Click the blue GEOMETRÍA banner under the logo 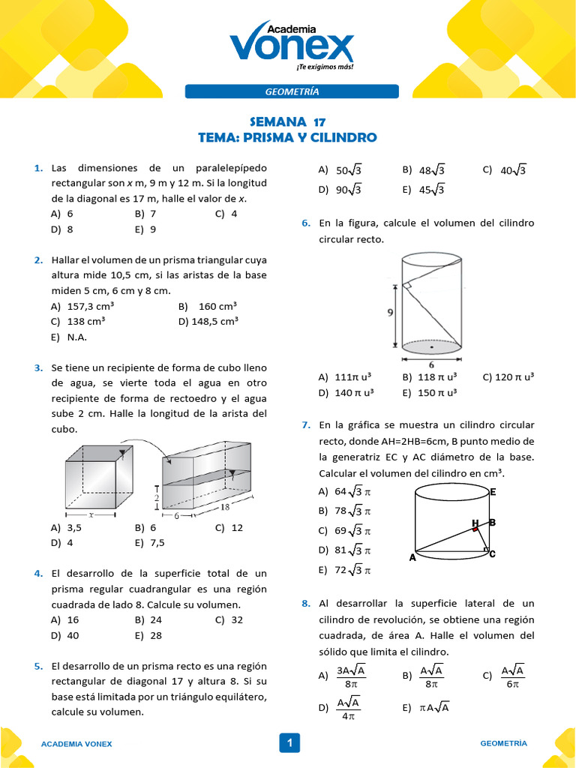coord(292,91)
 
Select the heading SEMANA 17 coord(287,121)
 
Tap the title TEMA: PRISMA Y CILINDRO coord(287,138)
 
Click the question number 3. coord(37,367)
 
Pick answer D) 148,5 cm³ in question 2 coord(208,322)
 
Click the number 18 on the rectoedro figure coord(225,508)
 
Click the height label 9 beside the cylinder coord(391,313)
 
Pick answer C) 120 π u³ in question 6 coord(508,376)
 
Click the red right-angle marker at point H coord(475,529)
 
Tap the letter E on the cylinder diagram coord(493,492)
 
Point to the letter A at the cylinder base coord(412,558)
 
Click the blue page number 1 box coord(288,743)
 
